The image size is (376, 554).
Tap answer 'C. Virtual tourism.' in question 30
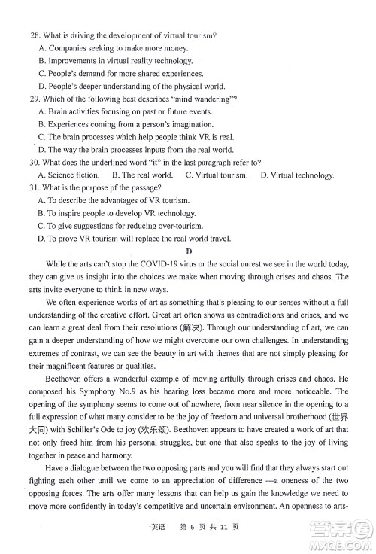217,175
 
